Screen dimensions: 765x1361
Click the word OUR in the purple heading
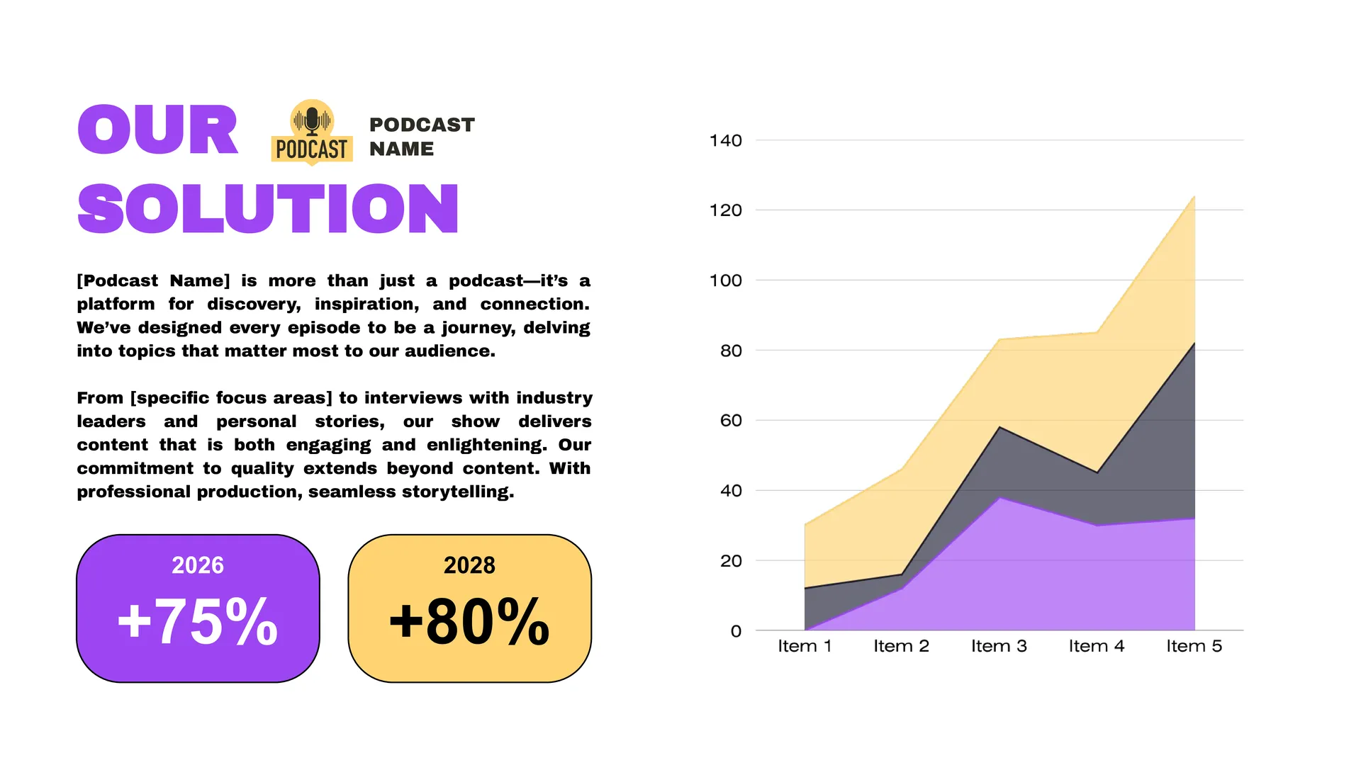pyautogui.click(x=157, y=130)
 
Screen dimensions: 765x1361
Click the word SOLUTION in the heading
pyautogui.click(x=268, y=208)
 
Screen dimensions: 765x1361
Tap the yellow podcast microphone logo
pyautogui.click(x=312, y=132)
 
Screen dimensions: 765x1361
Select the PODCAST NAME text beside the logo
pyautogui.click(x=422, y=137)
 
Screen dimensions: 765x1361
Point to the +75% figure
pyautogui.click(x=198, y=621)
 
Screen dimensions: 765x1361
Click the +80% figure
pyautogui.click(x=469, y=621)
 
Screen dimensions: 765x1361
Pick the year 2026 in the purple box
pyautogui.click(x=198, y=565)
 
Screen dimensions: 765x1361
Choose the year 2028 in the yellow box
pyautogui.click(x=469, y=565)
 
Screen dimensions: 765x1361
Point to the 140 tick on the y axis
pyautogui.click(x=725, y=140)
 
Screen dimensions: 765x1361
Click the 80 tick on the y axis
pyautogui.click(x=731, y=351)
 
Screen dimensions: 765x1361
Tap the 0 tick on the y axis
pyautogui.click(x=736, y=631)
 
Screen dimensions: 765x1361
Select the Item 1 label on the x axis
pyautogui.click(x=805, y=646)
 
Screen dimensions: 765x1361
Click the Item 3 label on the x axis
pyautogui.click(x=999, y=646)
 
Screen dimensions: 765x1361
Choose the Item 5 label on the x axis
pyautogui.click(x=1194, y=646)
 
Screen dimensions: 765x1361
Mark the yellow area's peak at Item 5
pyautogui.click(x=1194, y=197)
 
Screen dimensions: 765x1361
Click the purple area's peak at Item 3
pyautogui.click(x=999, y=499)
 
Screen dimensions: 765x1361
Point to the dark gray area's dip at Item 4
pyautogui.click(x=1097, y=472)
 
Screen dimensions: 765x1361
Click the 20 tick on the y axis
pyautogui.click(x=731, y=561)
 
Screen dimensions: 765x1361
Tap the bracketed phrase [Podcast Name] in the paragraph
pyautogui.click(x=153, y=281)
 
